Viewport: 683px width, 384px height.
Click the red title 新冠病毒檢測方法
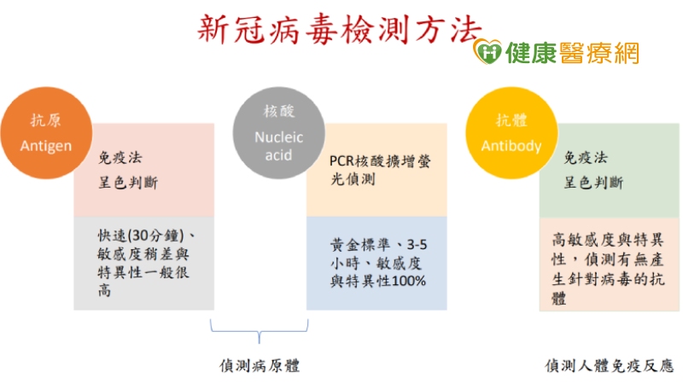[340, 29]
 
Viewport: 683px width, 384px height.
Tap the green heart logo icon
[487, 52]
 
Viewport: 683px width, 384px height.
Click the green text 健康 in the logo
[531, 53]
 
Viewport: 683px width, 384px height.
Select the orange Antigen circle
[46, 133]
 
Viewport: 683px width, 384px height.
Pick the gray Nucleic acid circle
[279, 133]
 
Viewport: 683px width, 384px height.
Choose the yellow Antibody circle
[511, 133]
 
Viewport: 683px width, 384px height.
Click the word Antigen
[46, 146]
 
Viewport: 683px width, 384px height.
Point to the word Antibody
[511, 146]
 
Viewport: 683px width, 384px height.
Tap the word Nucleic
[279, 137]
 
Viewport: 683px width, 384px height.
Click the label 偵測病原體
[260, 366]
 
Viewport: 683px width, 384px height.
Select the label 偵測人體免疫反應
[610, 366]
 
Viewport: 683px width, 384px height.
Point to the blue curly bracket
[260, 332]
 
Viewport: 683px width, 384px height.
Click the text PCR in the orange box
[342, 161]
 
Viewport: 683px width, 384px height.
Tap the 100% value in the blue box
[409, 282]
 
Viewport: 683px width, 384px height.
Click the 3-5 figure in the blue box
[417, 245]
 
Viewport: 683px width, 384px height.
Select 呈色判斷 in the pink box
[128, 182]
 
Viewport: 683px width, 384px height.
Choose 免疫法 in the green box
[586, 158]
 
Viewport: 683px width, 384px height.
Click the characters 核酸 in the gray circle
[279, 112]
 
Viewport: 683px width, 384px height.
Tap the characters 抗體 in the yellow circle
[511, 120]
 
